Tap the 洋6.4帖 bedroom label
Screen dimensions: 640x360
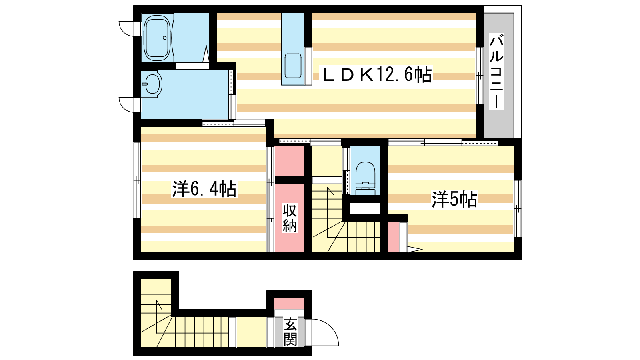pos(204,189)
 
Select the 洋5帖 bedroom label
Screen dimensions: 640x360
pos(454,199)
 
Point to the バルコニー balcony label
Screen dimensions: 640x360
pos(496,71)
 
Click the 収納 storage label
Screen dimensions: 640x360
pos(290,218)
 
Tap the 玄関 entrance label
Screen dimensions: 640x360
pos(290,332)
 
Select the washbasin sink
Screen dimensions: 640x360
pos(152,84)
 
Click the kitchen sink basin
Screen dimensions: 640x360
pos(293,66)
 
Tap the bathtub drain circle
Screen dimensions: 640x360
pos(164,38)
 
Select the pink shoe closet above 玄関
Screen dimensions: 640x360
pos(290,304)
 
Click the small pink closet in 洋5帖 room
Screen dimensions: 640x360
pos(394,238)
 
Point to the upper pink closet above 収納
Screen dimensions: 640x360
pos(290,161)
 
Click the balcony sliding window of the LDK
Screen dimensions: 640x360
pos(480,76)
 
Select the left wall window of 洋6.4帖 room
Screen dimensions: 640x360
pos(138,180)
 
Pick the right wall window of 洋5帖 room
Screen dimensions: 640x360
pos(518,208)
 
